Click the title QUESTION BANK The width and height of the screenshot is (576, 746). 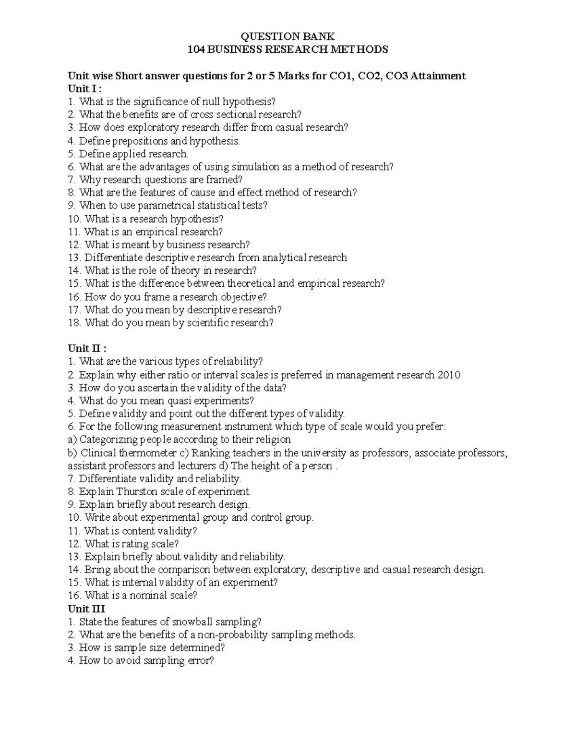click(287, 37)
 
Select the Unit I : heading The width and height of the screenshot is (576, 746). click(84, 89)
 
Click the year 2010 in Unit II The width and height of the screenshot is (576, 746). click(450, 375)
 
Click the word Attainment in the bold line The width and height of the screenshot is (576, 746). click(438, 76)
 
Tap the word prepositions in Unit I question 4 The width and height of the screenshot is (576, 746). click(139, 141)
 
